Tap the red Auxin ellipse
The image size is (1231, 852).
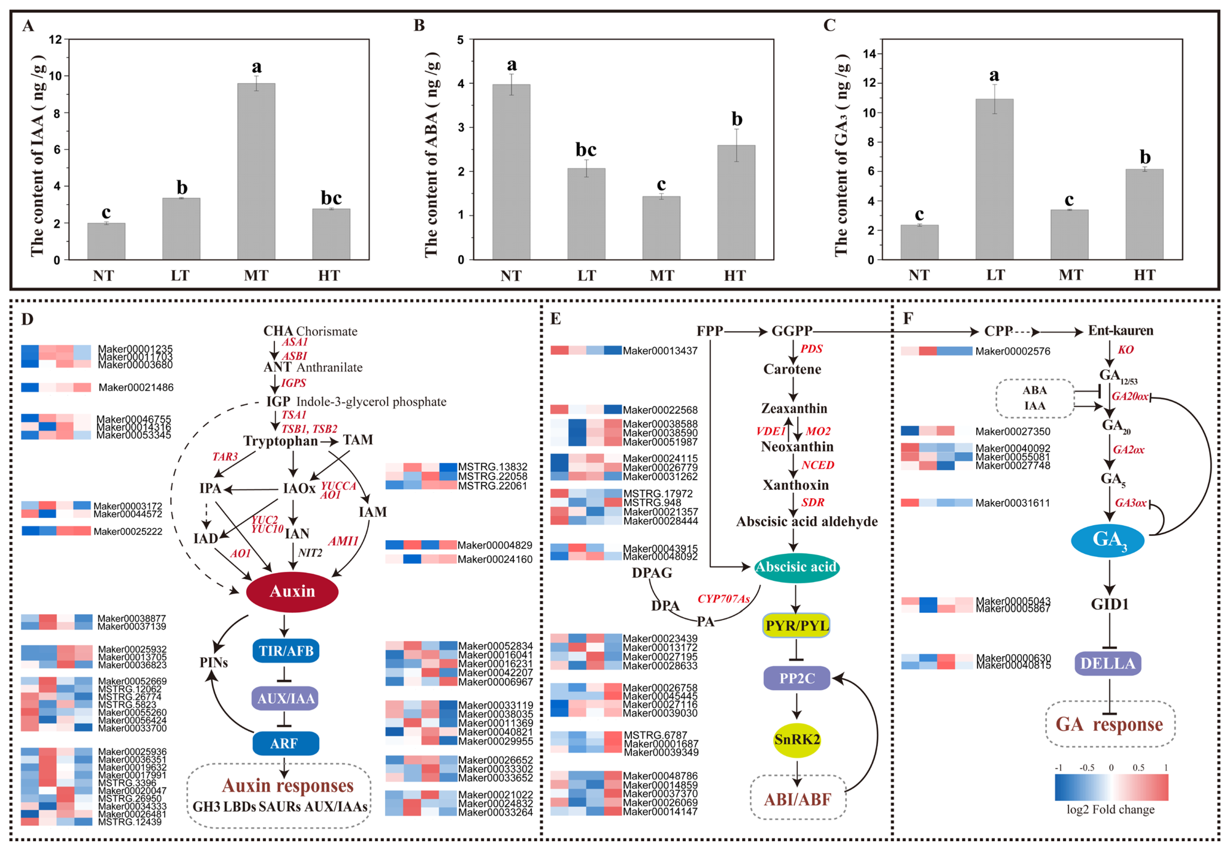click(x=292, y=591)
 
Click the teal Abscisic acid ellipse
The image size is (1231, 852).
click(x=796, y=567)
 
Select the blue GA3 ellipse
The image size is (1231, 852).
click(x=1108, y=540)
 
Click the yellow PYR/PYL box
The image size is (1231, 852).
click(x=796, y=626)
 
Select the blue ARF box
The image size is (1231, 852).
click(x=285, y=743)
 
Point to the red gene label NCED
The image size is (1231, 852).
click(x=817, y=465)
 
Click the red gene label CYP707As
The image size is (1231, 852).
click(x=723, y=599)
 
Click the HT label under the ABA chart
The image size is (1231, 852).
click(x=735, y=276)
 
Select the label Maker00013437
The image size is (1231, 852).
click(x=660, y=351)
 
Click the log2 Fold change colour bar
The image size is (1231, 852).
click(x=1111, y=787)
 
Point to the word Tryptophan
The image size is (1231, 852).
click(x=281, y=441)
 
